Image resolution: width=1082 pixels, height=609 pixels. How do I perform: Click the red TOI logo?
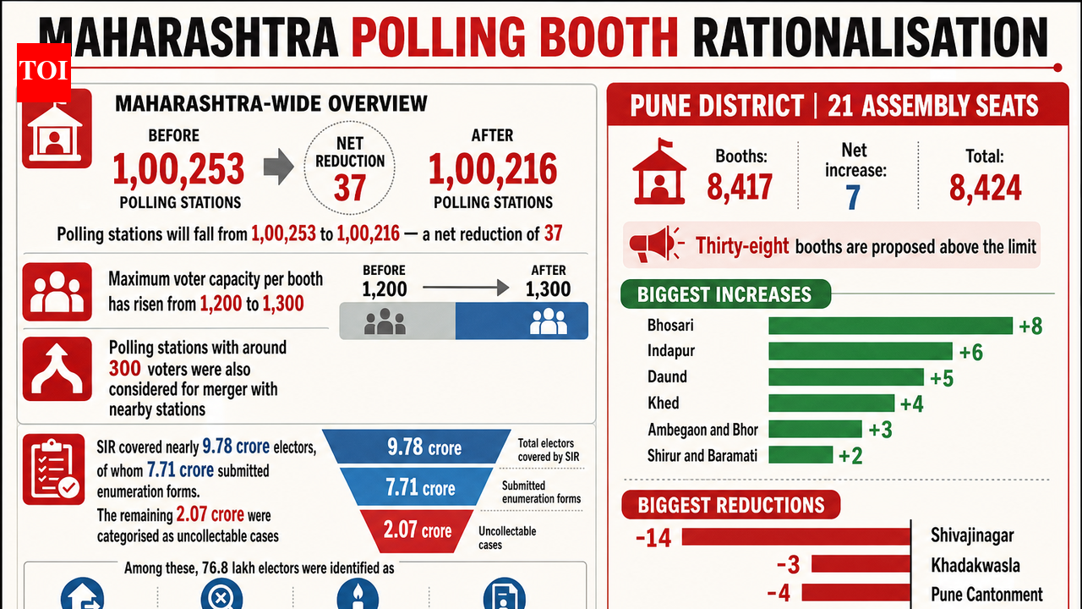click(44, 73)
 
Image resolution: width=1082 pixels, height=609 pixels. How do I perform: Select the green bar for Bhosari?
click(890, 326)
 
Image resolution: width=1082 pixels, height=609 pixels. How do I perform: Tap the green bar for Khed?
click(831, 403)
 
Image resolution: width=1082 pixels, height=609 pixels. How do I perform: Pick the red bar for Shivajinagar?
click(796, 536)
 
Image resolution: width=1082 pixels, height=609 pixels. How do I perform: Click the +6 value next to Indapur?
click(971, 353)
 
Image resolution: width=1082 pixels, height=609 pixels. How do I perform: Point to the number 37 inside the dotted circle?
click(349, 188)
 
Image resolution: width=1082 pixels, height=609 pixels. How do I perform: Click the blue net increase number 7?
click(853, 197)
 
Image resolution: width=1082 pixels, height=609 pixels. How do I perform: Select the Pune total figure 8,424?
click(986, 188)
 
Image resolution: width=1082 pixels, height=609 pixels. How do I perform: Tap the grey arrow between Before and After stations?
click(279, 167)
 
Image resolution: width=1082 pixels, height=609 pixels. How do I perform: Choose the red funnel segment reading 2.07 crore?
click(417, 531)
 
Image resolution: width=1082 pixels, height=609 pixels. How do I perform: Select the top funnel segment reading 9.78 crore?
click(417, 447)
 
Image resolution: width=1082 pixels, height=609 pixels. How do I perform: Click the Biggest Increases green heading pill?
click(725, 294)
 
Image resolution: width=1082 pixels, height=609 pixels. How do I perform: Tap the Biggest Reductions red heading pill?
click(731, 505)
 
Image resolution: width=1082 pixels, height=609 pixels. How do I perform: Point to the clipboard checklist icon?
click(53, 469)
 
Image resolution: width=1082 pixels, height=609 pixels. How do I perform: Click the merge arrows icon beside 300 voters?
click(57, 369)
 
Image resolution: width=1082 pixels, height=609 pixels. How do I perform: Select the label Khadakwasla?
click(975, 565)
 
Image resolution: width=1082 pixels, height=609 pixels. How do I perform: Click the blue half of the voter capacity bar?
click(522, 321)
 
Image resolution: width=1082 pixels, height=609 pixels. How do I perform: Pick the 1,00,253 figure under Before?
click(178, 169)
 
